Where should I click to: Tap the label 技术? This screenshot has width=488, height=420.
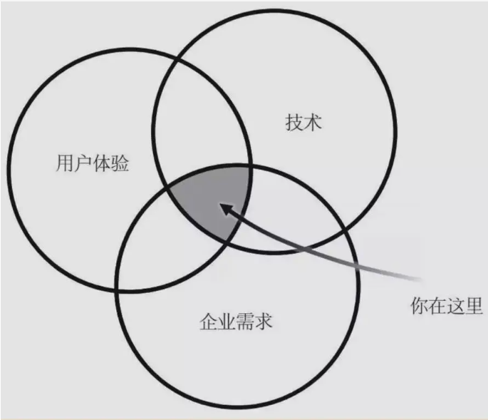(303, 122)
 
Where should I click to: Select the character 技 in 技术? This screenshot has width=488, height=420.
(293, 122)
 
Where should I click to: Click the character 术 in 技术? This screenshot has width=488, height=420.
(313, 122)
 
